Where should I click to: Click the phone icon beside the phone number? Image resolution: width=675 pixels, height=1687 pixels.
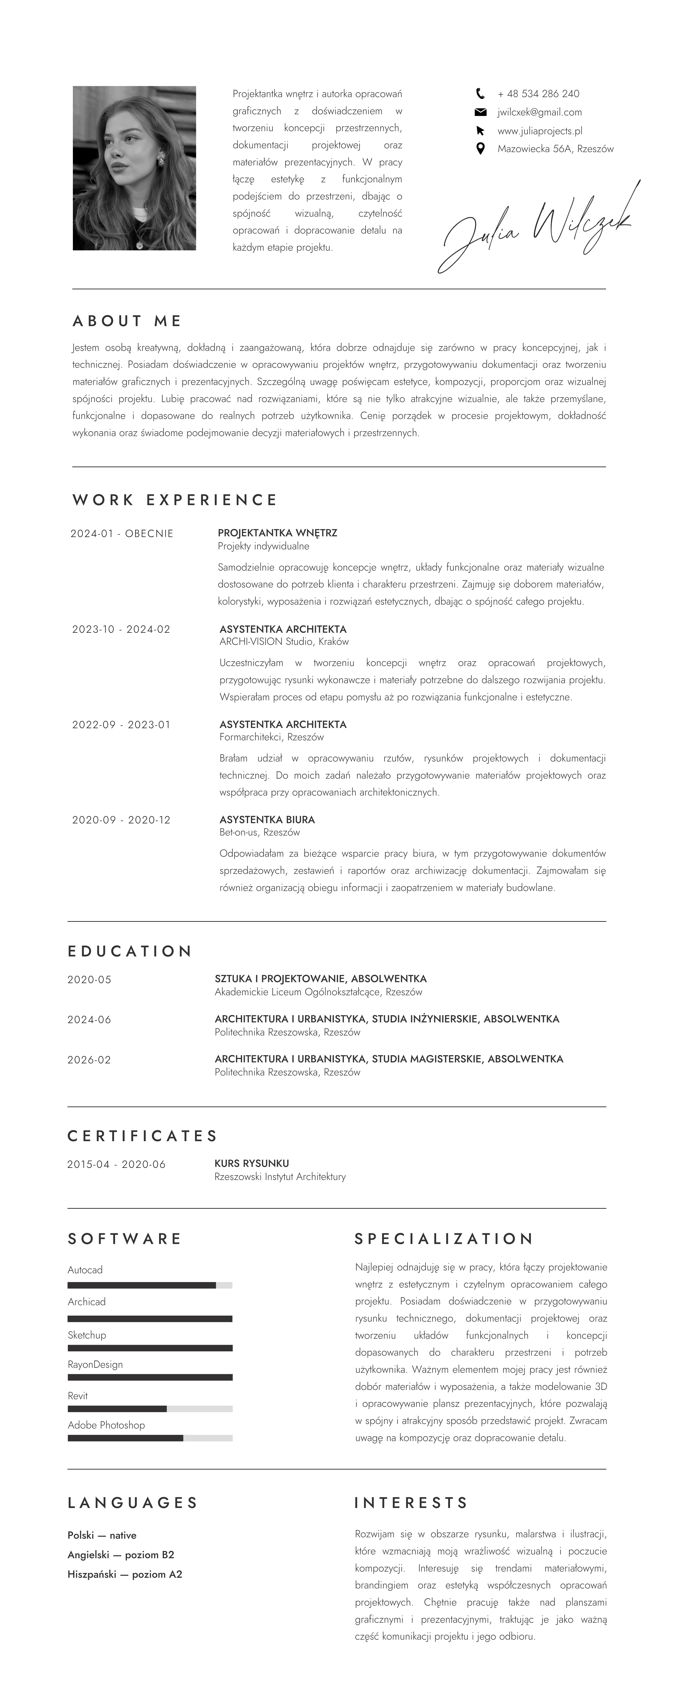(x=480, y=94)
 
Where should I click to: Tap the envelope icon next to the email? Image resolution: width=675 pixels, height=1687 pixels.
(x=480, y=112)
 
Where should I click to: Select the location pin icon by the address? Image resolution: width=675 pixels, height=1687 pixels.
(x=480, y=149)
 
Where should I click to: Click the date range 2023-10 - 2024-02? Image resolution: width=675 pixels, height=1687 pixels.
(x=121, y=629)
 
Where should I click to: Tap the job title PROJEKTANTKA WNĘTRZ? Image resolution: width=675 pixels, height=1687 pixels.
(x=277, y=533)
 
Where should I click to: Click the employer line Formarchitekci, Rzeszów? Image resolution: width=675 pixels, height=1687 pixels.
(x=271, y=737)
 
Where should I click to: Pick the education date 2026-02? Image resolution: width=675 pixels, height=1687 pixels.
(x=89, y=1060)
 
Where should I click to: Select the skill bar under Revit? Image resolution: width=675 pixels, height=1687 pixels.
(x=150, y=1409)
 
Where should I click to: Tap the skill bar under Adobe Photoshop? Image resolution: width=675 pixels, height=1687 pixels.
(x=150, y=1438)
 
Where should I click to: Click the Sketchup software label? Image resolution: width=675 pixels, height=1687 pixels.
(x=86, y=1335)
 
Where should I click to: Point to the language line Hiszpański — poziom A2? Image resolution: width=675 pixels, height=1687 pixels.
(x=125, y=1574)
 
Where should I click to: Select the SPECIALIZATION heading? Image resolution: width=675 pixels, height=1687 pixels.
(x=444, y=1238)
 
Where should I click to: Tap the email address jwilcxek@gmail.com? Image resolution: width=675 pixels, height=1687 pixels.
(x=539, y=112)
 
